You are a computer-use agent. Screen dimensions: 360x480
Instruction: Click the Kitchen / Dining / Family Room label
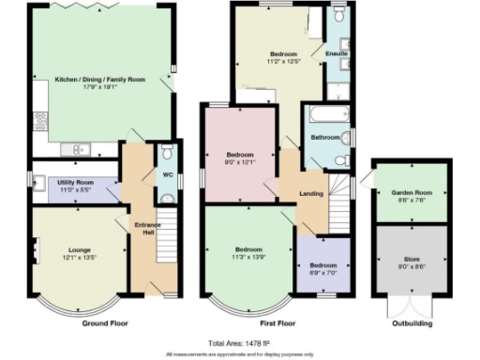100,80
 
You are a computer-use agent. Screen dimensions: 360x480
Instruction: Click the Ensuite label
337,53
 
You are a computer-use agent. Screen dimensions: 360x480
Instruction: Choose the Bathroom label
325,138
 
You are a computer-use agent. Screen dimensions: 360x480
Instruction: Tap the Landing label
311,194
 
